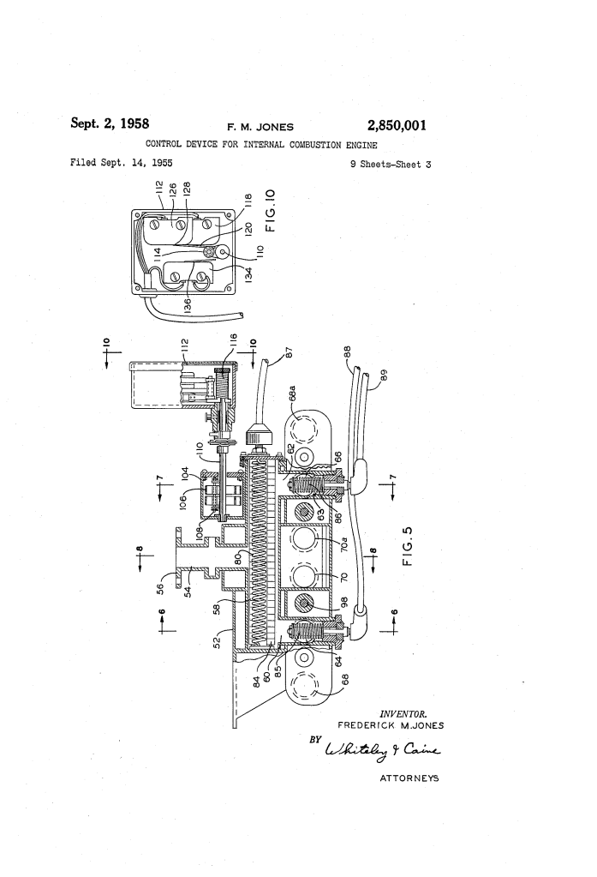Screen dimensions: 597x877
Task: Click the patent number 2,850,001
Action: (x=397, y=125)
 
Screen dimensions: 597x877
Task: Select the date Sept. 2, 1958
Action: (x=110, y=123)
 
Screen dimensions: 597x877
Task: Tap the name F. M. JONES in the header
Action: (x=260, y=127)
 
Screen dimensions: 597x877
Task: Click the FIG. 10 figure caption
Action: (x=271, y=210)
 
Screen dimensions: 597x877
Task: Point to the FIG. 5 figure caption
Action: (x=408, y=546)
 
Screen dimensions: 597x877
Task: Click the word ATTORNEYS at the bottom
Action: (x=409, y=778)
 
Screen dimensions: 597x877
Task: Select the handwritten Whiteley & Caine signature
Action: (x=382, y=751)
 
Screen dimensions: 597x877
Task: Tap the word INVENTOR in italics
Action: (x=403, y=713)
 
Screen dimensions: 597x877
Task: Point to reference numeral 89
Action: (x=383, y=374)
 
